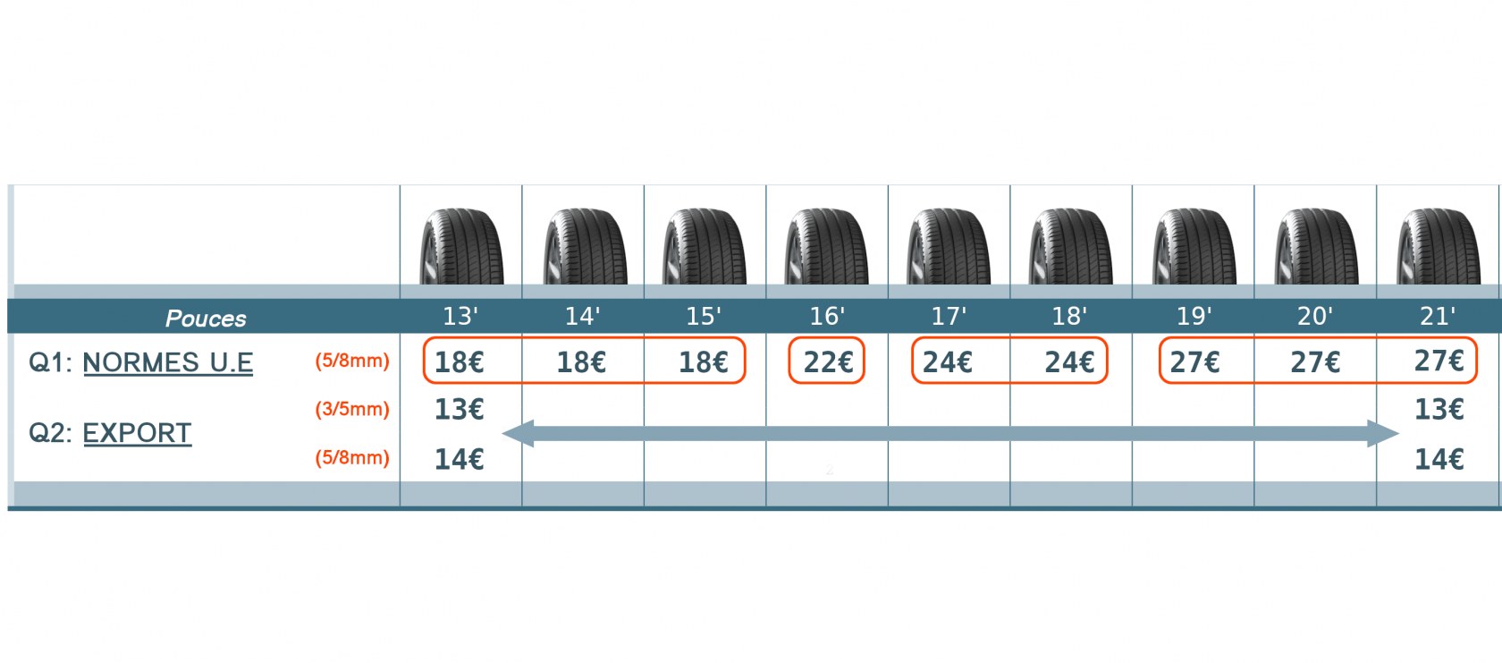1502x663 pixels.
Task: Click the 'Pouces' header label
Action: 206,319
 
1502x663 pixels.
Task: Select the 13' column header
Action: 460,315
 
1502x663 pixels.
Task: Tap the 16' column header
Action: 827,315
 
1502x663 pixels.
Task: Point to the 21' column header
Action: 1437,315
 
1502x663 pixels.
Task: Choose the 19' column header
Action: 1194,315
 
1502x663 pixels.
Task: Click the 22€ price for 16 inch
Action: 828,362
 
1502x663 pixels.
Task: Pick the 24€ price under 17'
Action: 948,362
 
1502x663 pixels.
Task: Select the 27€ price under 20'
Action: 1315,362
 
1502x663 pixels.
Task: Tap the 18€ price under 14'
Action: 581,362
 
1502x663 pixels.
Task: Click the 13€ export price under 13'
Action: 460,410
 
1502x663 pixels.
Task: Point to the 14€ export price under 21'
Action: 1439,460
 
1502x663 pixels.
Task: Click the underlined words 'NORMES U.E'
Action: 168,362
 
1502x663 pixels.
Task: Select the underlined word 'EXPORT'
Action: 137,433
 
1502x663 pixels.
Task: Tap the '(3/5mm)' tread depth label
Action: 352,409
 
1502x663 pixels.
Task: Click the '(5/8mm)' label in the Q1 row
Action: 352,361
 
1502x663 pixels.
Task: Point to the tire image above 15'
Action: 705,246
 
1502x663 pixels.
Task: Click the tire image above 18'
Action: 1070,246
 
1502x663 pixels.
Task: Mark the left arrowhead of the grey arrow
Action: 518,433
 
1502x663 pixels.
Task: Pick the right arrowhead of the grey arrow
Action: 1383,433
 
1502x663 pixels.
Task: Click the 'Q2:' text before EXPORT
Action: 50,433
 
